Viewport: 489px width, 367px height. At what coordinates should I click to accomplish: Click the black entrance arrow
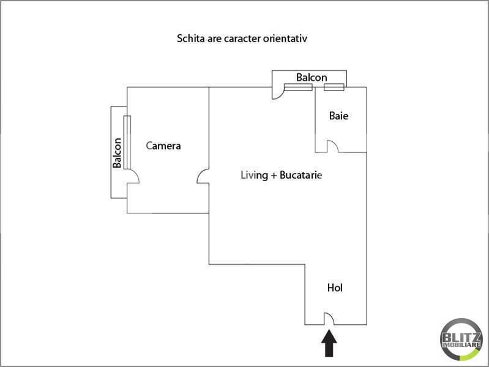(329, 344)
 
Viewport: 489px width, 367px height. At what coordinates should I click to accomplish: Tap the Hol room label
(335, 287)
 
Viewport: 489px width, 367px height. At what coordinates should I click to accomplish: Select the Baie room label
(338, 115)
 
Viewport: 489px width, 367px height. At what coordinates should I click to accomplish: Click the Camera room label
(163, 146)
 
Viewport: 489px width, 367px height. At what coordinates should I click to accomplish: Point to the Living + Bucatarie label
(280, 176)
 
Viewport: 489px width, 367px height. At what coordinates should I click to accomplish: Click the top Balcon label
(312, 77)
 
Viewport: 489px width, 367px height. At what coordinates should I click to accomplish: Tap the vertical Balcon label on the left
(118, 152)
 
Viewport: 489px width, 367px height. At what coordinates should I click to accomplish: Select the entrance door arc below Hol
(329, 319)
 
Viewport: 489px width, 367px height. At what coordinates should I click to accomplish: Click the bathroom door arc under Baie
(332, 147)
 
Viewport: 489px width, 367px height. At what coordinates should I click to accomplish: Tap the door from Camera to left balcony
(133, 177)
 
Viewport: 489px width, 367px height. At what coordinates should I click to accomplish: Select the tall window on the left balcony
(127, 142)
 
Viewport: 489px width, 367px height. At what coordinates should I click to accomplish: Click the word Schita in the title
(191, 39)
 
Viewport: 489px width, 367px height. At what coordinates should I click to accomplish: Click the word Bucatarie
(300, 176)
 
